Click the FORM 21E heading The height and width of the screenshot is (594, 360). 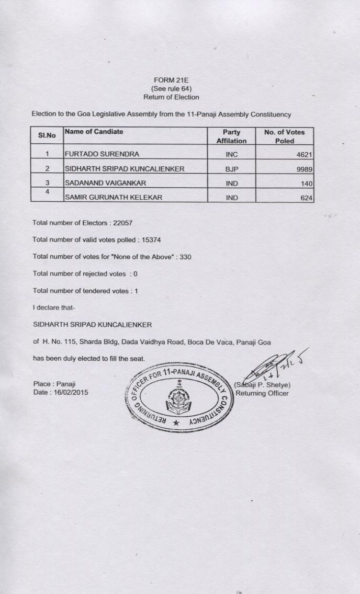coord(171,81)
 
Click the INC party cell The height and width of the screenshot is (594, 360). coord(231,154)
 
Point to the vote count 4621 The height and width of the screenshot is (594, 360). coord(303,154)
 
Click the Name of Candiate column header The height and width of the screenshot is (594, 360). coord(94,132)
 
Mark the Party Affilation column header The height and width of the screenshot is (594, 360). coord(231,136)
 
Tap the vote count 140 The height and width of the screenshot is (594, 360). coord(307,184)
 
